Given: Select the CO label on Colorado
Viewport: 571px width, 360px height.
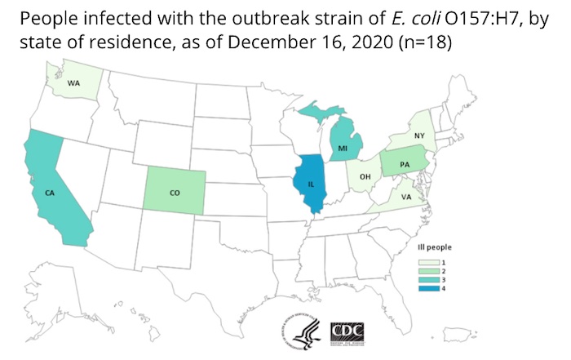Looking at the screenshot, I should click(174, 194).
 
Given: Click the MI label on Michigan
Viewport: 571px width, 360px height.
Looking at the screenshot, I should click(343, 148).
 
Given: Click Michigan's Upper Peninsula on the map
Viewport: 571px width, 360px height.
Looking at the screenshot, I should click(314, 111).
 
